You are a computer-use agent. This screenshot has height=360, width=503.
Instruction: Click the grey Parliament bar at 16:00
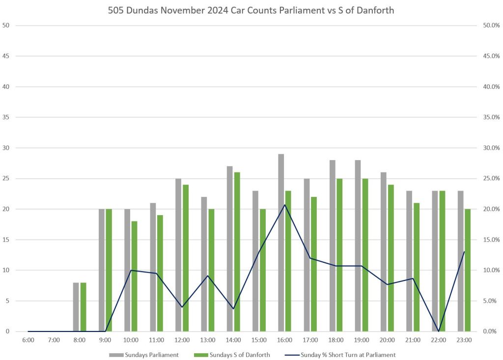tap(281, 243)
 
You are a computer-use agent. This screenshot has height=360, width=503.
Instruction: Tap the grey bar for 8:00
tap(76, 307)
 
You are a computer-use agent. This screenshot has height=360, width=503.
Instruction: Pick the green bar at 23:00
tap(468, 270)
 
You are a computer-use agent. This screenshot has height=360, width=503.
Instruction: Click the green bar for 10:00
tap(135, 276)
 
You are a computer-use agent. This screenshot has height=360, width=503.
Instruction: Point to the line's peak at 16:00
tap(285, 205)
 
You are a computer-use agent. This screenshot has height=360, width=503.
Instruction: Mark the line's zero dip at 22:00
tap(439, 331)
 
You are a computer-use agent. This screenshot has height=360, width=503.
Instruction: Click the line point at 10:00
tap(131, 270)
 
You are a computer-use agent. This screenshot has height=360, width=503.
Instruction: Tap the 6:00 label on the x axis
tap(28, 339)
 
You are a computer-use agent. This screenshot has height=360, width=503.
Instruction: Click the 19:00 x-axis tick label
tap(362, 339)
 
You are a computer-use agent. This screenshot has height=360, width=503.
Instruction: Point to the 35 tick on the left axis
tap(6, 117)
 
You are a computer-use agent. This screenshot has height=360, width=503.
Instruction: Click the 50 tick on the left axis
tap(6, 26)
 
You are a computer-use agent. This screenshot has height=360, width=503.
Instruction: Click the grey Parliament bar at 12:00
tap(178, 255)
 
